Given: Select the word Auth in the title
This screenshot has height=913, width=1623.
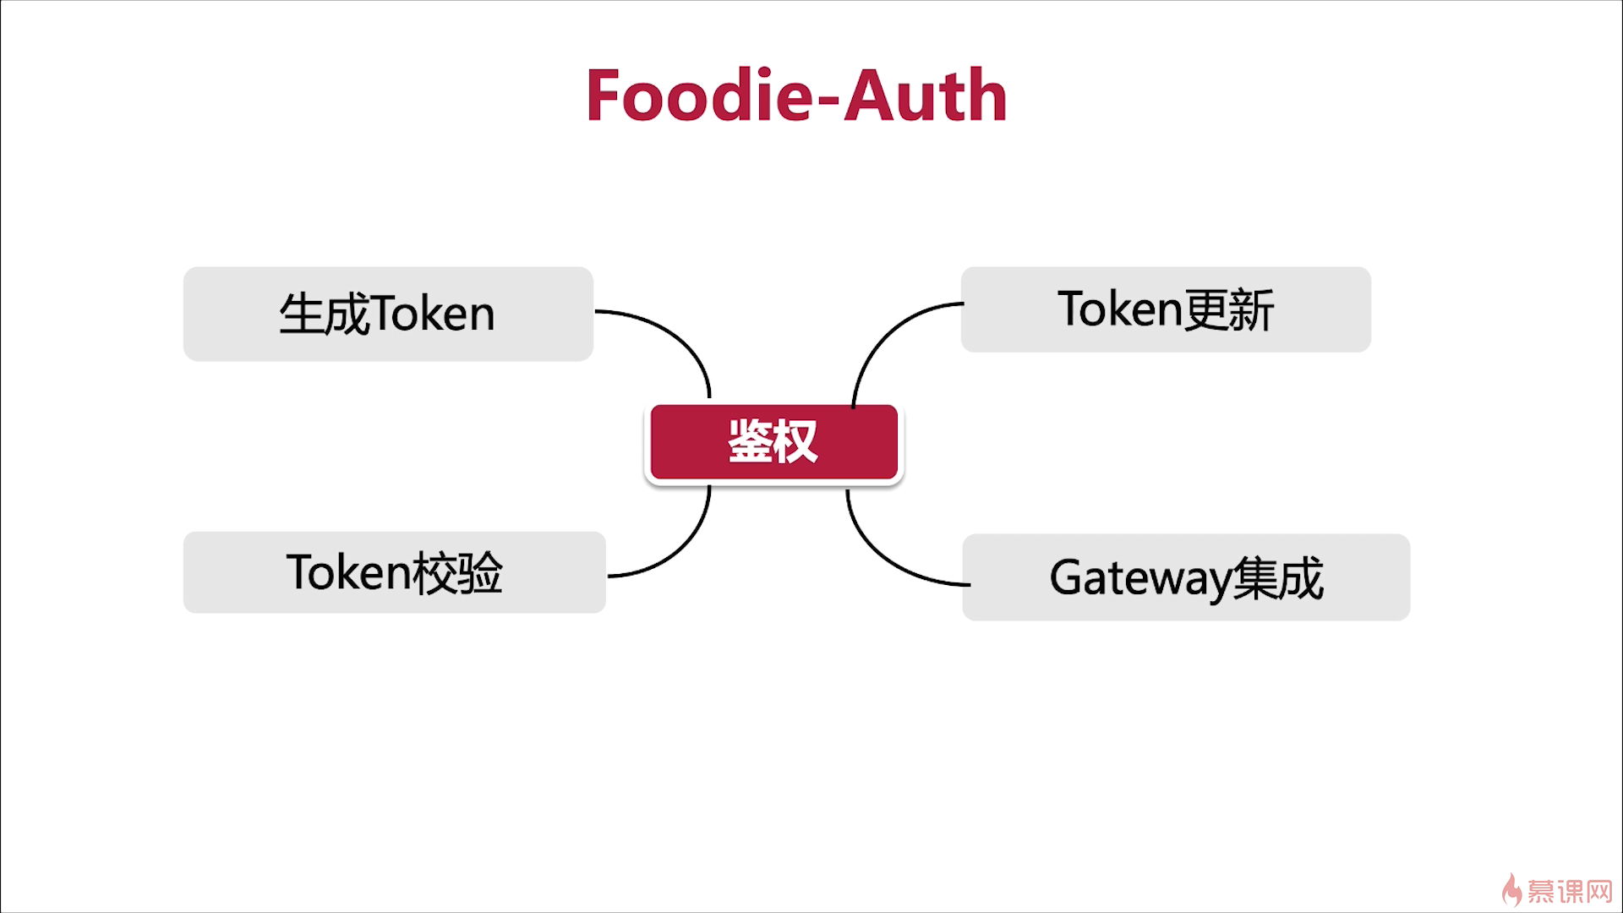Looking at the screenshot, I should tap(926, 96).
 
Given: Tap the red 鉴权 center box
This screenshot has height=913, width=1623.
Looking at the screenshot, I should tap(773, 442).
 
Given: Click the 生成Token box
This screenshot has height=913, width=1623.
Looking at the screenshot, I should tap(388, 314).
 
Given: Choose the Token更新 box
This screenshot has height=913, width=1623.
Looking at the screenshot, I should tap(1166, 309).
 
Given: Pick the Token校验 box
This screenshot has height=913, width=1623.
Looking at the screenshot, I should tap(394, 572).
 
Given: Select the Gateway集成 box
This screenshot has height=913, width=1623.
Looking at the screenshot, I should tap(1186, 577).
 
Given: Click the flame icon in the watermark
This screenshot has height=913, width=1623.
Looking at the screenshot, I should tap(1511, 889).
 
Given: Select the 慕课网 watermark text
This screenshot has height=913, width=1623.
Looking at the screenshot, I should tap(1571, 891).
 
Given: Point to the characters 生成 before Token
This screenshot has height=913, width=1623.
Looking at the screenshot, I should tap(325, 314).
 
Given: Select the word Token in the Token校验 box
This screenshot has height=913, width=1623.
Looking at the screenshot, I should tap(348, 572).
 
